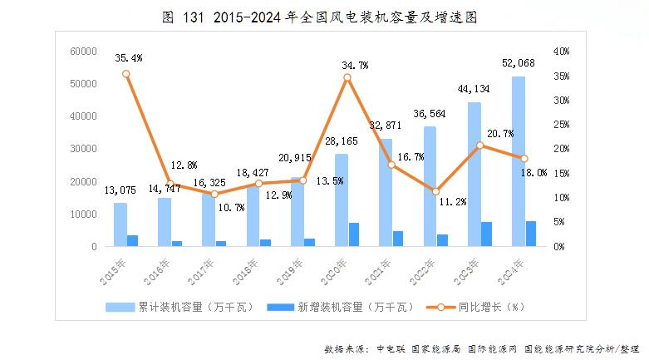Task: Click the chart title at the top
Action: coord(324,16)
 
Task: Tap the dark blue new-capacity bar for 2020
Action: coord(354,234)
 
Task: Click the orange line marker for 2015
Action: coord(126,74)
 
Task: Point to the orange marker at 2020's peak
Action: coord(347,77)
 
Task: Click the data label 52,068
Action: coord(519,63)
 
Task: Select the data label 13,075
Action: coord(120,190)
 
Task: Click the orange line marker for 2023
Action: coord(480,145)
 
